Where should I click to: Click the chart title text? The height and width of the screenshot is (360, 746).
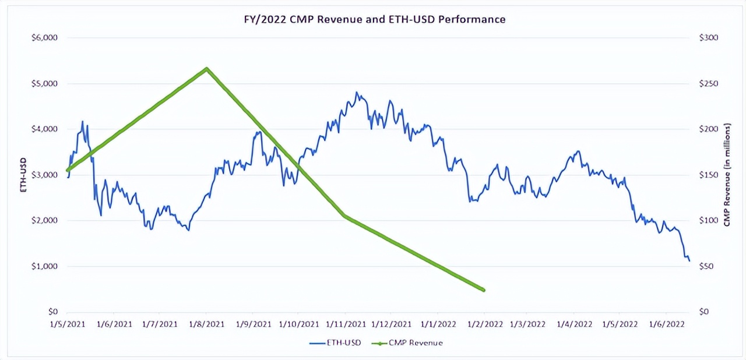pyautogui.click(x=374, y=19)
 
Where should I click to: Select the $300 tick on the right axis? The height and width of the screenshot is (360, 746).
pyautogui.click(x=708, y=38)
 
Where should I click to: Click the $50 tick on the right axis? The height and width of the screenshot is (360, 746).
pyautogui.click(x=706, y=266)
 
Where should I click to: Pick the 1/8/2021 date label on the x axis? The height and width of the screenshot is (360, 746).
pyautogui.click(x=207, y=324)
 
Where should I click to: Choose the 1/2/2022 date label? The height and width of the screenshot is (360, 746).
pyautogui.click(x=483, y=324)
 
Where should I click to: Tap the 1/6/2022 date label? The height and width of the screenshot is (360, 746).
pyautogui.click(x=667, y=324)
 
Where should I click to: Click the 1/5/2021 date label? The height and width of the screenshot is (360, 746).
pyautogui.click(x=68, y=324)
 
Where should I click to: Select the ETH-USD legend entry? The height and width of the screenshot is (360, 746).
pyautogui.click(x=335, y=343)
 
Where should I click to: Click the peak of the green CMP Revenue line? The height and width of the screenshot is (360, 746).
pyautogui.click(x=206, y=69)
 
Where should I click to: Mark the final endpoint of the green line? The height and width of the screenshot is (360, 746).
pyautogui.click(x=483, y=290)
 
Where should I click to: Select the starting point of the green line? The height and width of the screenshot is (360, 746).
pyautogui.click(x=68, y=170)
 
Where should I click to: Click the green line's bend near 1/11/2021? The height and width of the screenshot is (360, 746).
pyautogui.click(x=344, y=216)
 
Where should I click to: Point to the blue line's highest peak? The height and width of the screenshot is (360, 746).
pyautogui.click(x=357, y=92)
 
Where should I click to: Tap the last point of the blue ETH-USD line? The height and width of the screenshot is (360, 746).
pyautogui.click(x=689, y=260)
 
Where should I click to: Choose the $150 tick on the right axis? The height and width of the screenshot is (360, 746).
pyautogui.click(x=708, y=175)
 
